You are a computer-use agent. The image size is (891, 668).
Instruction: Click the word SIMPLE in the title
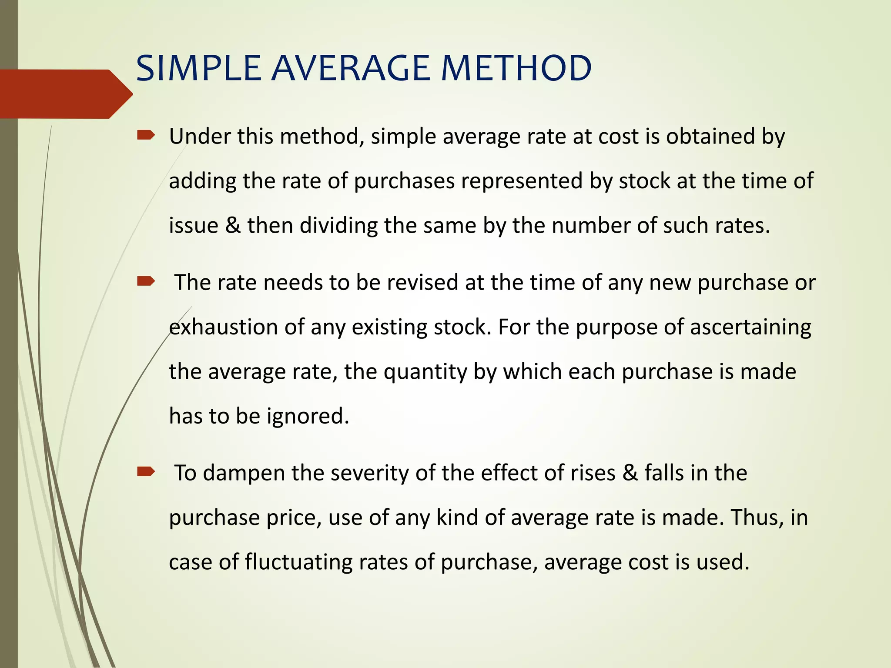[198, 68]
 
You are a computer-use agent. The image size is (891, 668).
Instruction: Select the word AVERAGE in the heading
[351, 68]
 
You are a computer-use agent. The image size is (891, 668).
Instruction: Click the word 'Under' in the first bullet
[200, 137]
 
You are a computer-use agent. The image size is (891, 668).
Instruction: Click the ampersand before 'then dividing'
[233, 226]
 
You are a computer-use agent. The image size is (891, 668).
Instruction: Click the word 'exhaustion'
[223, 327]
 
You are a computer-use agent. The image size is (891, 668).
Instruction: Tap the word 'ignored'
[308, 417]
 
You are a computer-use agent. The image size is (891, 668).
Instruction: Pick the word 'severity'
[369, 473]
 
